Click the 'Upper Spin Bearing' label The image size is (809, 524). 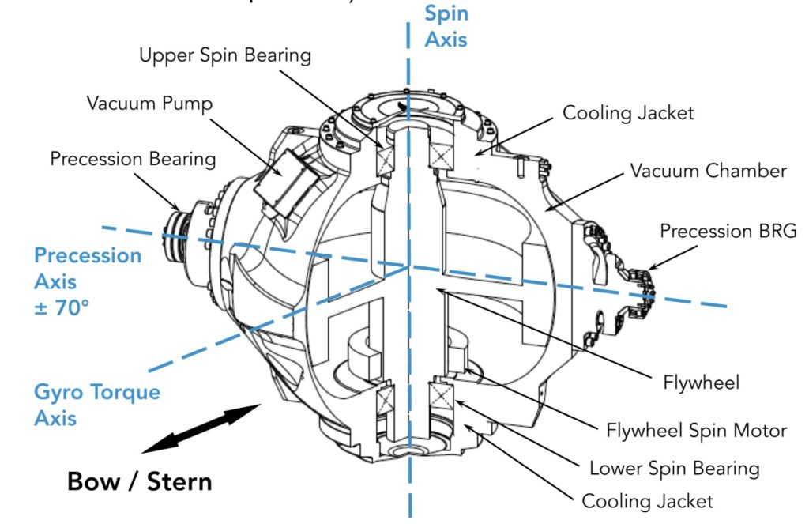(225, 56)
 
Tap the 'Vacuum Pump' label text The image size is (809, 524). (149, 104)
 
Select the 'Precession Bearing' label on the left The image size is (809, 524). (133, 159)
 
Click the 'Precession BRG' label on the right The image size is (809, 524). (728, 232)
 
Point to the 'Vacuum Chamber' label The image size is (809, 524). (709, 171)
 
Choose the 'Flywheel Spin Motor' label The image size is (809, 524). (697, 431)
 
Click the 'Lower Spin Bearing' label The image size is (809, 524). (674, 467)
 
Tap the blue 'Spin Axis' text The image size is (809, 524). (447, 26)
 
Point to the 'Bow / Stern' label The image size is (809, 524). (140, 481)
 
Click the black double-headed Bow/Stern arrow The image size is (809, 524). (201, 428)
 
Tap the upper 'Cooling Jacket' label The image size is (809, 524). (628, 113)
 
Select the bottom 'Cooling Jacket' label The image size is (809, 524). (647, 501)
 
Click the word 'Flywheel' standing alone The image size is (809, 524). (702, 383)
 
